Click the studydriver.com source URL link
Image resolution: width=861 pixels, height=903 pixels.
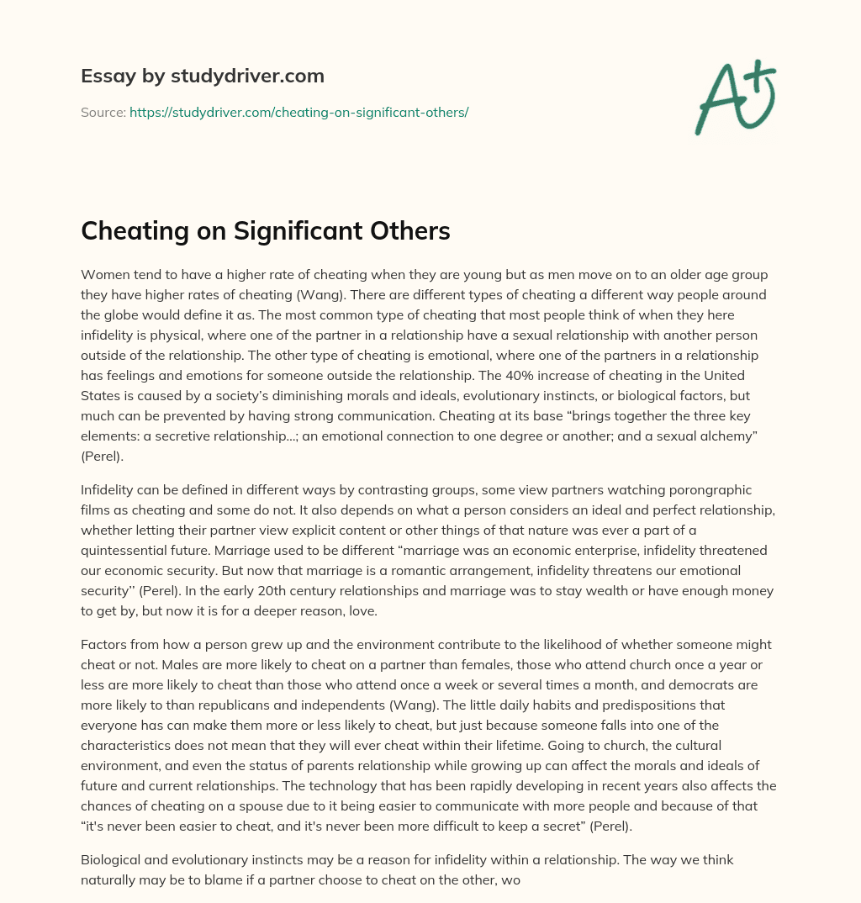(x=298, y=112)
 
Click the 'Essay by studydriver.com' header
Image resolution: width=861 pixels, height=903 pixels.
(x=203, y=77)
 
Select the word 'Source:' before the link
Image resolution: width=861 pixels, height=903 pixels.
(x=103, y=112)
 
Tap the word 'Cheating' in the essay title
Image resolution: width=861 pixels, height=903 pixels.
(x=137, y=231)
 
